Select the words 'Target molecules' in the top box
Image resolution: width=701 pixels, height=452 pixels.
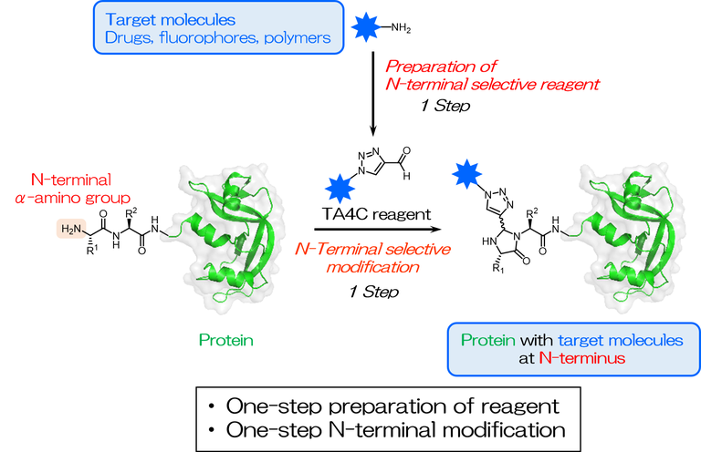pos(159,20)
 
